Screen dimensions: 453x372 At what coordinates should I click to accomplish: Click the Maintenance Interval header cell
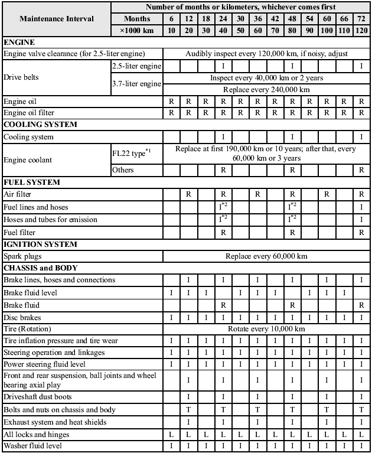[57, 18]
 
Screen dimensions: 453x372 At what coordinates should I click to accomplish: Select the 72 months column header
[361, 18]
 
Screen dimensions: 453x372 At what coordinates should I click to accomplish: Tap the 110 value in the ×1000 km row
[344, 30]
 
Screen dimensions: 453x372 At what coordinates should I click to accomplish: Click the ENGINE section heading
[19, 42]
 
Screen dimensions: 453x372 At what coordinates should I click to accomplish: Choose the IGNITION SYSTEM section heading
[40, 244]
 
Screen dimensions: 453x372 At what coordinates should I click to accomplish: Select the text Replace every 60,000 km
[266, 256]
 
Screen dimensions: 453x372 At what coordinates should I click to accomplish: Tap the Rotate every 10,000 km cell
[266, 328]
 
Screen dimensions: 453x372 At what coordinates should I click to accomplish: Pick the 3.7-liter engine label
[136, 84]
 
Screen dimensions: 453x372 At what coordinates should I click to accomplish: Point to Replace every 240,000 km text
[266, 89]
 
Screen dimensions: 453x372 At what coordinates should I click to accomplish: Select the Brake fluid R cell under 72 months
[361, 305]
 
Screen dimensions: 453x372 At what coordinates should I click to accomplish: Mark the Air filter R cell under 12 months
[188, 193]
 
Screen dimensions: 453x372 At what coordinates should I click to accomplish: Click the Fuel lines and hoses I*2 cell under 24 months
[223, 207]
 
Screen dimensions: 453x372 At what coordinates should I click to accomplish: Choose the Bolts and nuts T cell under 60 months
[327, 409]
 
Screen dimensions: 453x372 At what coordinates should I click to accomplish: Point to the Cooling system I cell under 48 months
[292, 136]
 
